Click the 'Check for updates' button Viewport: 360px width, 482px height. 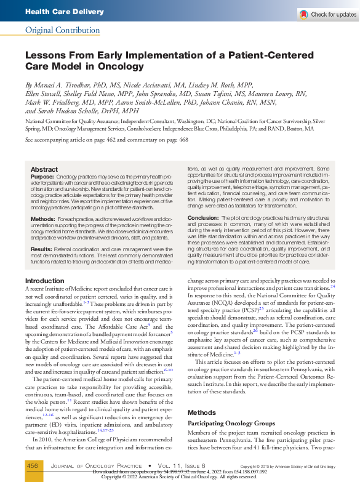pos(327,14)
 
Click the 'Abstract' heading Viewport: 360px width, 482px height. pos(44,169)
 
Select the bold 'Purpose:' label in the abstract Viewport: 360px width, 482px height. pos(42,177)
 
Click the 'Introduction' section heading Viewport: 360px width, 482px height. pos(44,281)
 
